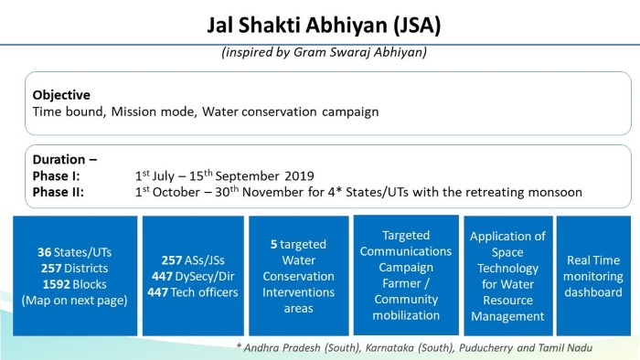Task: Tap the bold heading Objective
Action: (x=62, y=95)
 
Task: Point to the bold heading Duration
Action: (x=64, y=159)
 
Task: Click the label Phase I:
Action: (x=57, y=175)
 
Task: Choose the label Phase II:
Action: (x=59, y=192)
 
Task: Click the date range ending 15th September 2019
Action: (x=224, y=175)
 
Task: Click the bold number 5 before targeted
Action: (x=273, y=245)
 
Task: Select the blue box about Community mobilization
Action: (x=404, y=275)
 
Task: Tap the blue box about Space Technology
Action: (x=507, y=275)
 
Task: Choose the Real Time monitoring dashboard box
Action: (x=593, y=275)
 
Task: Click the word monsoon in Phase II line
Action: (x=555, y=192)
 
